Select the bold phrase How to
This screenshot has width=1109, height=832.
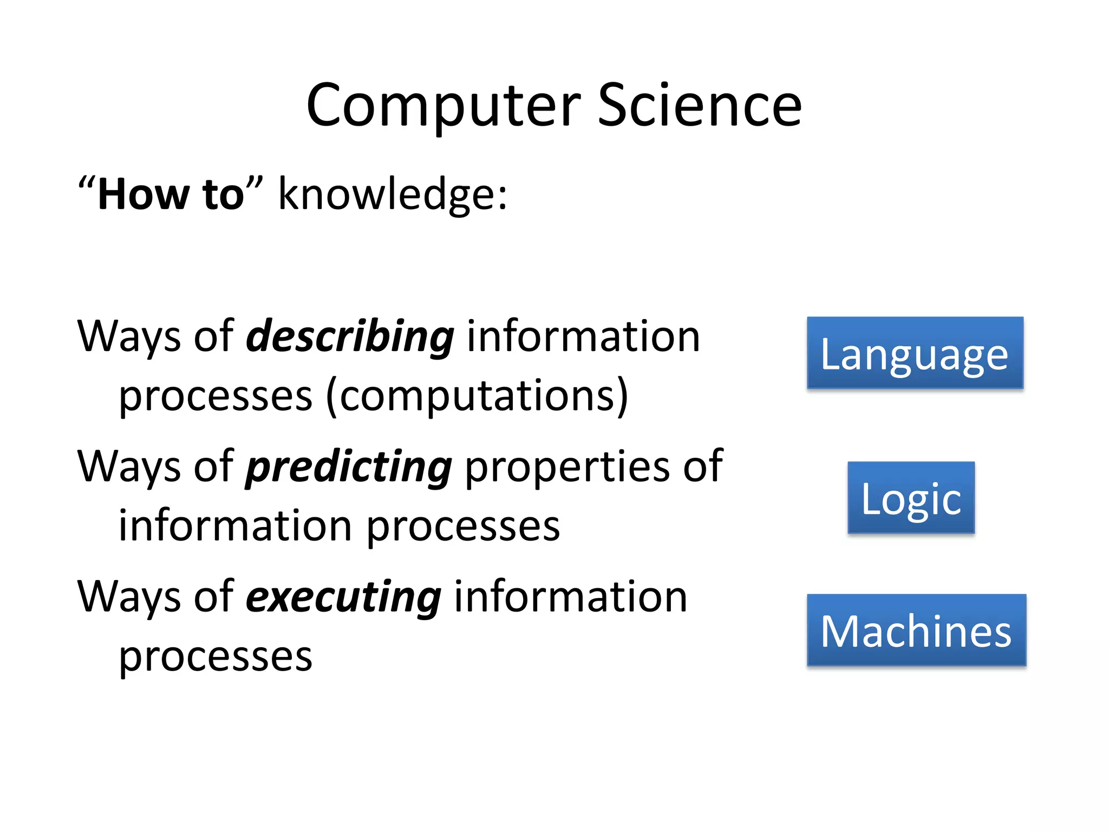[x=171, y=194]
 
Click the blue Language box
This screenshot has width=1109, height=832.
[x=915, y=353]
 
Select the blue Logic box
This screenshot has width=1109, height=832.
[x=911, y=498]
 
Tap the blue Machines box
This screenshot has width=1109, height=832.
[x=916, y=630]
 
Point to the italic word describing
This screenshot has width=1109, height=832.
[x=350, y=337]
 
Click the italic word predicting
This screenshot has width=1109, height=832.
[x=349, y=467]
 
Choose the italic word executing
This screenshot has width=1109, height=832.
[x=343, y=597]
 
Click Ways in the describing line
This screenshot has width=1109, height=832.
[x=129, y=337]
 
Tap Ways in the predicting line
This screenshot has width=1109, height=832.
[x=129, y=467]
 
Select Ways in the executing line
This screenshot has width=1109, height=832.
[x=129, y=597]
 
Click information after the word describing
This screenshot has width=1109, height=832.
[x=583, y=337]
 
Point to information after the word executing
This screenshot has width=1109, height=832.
[x=570, y=597]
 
